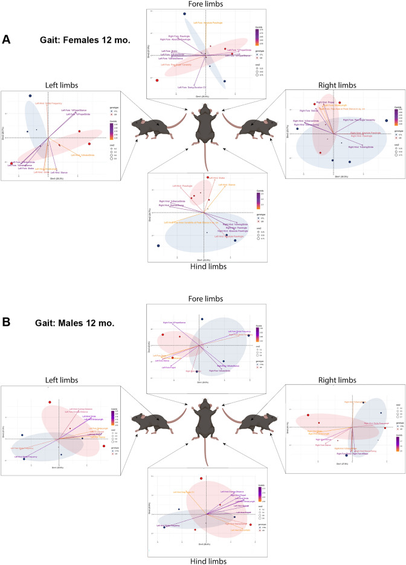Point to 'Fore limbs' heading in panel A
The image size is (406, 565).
point(202,4)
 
